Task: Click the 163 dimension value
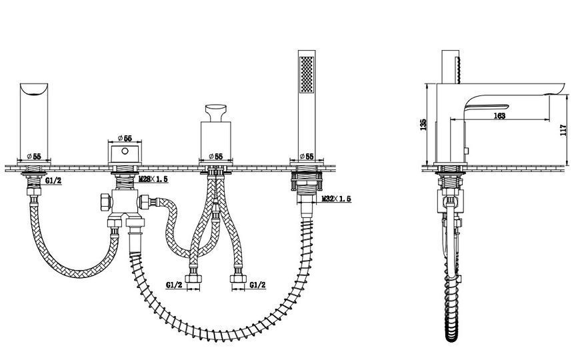click(499, 116)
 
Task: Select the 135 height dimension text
click(423, 124)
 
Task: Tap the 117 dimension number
click(563, 130)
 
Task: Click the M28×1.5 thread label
click(153, 179)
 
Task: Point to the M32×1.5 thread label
click(336, 199)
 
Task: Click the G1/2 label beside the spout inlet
click(53, 181)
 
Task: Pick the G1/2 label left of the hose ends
click(174, 285)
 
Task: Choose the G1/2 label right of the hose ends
click(257, 285)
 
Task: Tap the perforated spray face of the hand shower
click(307, 74)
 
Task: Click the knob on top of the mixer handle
click(215, 113)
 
